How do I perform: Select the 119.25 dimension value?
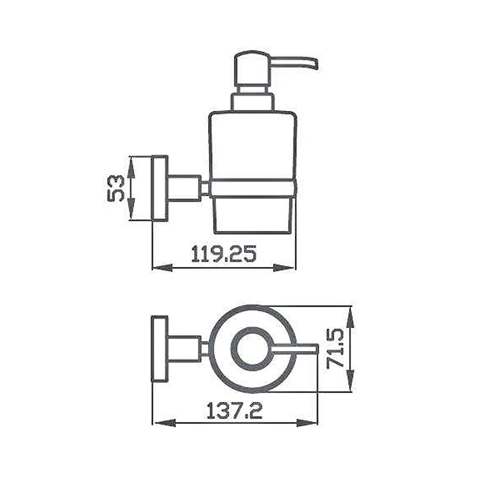tap(223, 253)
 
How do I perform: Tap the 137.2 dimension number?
tap(235, 410)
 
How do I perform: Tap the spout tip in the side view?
tap(315, 64)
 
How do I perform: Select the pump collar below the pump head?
tap(251, 102)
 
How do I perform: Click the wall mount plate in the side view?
tap(160, 188)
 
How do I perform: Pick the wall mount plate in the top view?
tap(160, 349)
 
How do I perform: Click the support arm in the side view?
tap(184, 188)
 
